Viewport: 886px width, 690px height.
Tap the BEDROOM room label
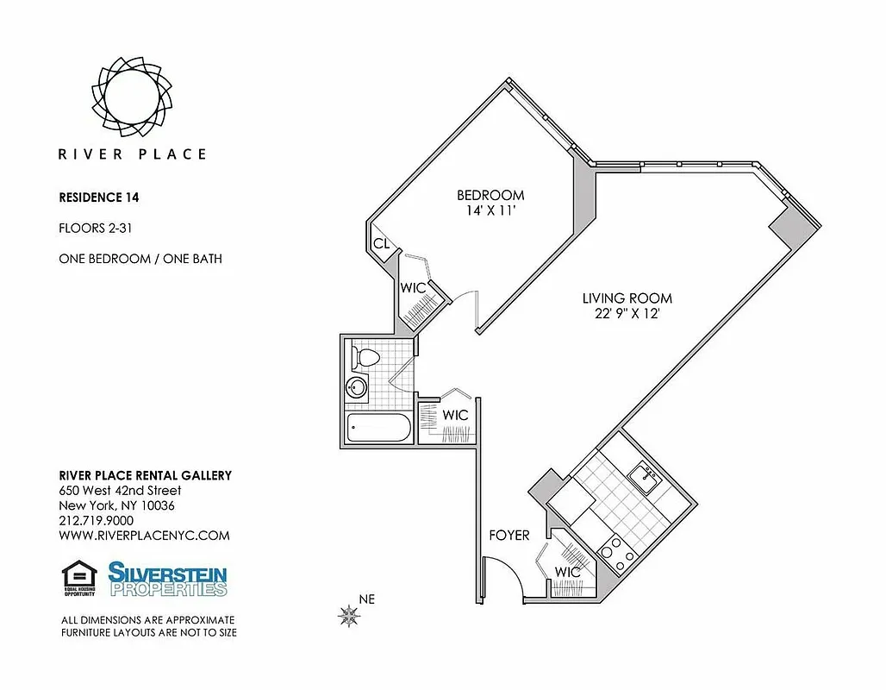click(x=490, y=195)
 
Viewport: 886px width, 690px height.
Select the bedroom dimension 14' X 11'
click(x=490, y=210)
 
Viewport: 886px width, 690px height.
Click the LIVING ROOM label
click(x=627, y=298)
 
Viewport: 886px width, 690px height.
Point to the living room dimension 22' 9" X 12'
click(x=627, y=314)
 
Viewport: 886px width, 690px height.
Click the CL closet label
click(x=381, y=244)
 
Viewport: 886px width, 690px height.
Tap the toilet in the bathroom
click(x=363, y=356)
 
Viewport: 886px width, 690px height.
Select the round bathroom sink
click(x=357, y=387)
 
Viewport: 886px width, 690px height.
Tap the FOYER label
click(x=509, y=536)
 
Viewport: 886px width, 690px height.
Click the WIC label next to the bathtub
click(x=455, y=415)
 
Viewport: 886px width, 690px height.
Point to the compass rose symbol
click(x=349, y=615)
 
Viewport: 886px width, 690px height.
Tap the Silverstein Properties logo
click(x=167, y=579)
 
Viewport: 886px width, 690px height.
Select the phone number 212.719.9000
click(x=96, y=520)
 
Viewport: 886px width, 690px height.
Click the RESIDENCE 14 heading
click(x=98, y=197)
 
